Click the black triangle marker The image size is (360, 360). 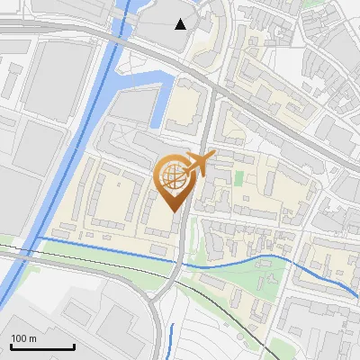coord(181,24)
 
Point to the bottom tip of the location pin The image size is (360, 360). coord(175,213)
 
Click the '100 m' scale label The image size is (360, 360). coord(23,337)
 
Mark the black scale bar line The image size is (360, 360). coord(42,346)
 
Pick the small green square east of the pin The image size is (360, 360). coord(239,178)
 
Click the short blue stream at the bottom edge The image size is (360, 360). coord(171,337)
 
